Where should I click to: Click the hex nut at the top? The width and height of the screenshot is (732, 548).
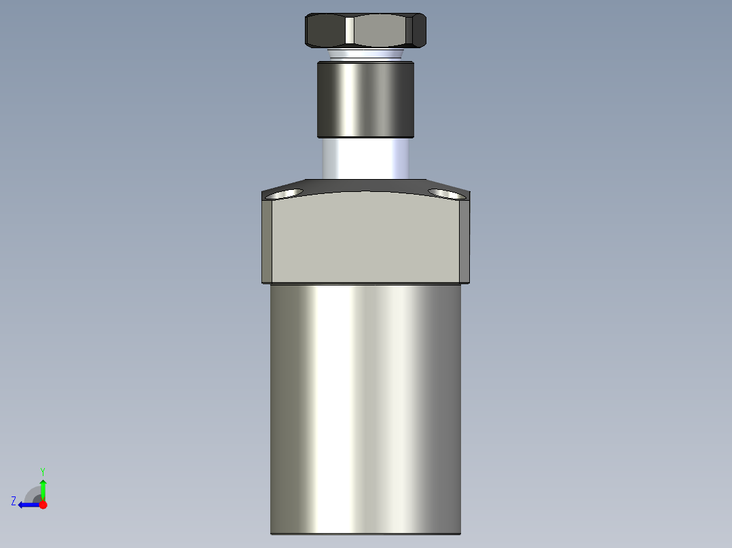pos(365,31)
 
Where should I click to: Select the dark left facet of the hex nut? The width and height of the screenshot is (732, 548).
pos(325,31)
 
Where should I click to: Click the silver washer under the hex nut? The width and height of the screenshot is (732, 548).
pos(365,54)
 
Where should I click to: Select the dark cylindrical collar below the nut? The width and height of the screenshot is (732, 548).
pos(365,99)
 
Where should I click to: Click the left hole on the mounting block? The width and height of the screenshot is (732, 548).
pos(286,195)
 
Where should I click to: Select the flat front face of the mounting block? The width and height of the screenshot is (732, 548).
pos(365,237)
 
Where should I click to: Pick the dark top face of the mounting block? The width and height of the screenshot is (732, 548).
pos(365,184)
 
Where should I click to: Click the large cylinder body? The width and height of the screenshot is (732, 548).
pos(365,407)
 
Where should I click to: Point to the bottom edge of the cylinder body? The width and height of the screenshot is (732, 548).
pos(365,533)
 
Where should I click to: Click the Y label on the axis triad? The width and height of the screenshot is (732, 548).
pos(42,470)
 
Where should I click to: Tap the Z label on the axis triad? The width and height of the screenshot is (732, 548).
pos(14,501)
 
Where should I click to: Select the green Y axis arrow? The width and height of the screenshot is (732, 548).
pos(43,488)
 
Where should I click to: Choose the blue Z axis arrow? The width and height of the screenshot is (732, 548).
pos(27,505)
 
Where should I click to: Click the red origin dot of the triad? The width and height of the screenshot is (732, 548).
pos(43,505)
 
